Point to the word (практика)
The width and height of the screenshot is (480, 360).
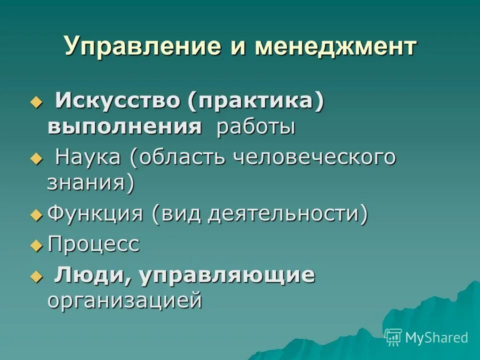click(256, 101)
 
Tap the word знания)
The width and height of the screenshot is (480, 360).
click(91, 183)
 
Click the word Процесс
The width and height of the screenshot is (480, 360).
click(93, 244)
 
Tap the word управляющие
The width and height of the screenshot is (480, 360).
click(228, 275)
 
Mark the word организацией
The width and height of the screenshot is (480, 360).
click(125, 301)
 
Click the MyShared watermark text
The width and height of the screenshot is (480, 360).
click(436, 337)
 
